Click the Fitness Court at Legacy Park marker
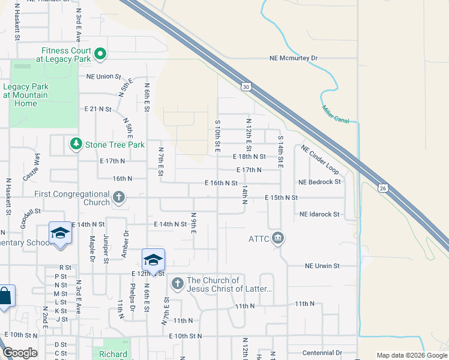[x=100, y=55]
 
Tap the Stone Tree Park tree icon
[x=76, y=145]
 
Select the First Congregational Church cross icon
[x=119, y=197]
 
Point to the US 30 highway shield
[x=246, y=87]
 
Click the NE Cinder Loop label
[x=319, y=159]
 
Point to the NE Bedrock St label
[x=320, y=181]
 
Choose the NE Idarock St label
[x=319, y=214]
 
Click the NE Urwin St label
[x=322, y=265]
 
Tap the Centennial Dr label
[x=322, y=353]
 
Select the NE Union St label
[x=104, y=77]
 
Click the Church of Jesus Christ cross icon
[x=177, y=283]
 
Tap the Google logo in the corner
[x=20, y=353]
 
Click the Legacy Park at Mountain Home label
[x=26, y=95]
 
